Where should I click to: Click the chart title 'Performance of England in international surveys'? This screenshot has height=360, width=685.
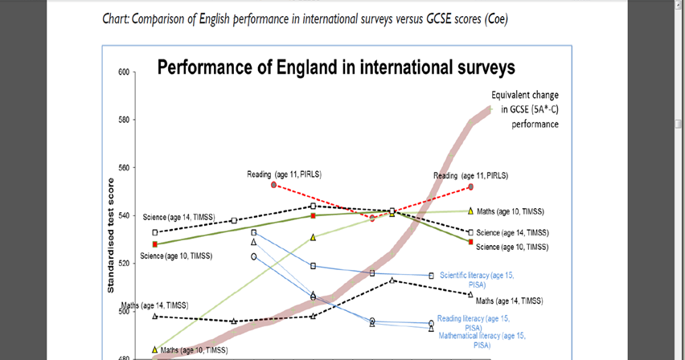pos(336,67)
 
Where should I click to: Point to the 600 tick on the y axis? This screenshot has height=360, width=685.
pos(123,72)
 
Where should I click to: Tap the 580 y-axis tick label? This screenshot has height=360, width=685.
pos(123,121)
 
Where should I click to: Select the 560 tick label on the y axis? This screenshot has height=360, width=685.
pos(123,168)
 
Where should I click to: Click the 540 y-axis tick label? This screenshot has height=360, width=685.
pos(123,215)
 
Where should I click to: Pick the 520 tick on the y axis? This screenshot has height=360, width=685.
pos(123,264)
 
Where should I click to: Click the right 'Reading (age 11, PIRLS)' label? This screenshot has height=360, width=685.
pos(470,175)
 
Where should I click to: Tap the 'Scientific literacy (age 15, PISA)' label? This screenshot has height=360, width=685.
pos(477,279)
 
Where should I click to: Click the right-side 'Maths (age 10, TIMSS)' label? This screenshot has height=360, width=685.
pos(511,211)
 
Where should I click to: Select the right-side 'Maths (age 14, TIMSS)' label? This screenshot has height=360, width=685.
pos(509,301)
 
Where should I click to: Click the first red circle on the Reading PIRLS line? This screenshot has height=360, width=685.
pos(274,185)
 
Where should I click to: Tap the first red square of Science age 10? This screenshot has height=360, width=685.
pos(155,244)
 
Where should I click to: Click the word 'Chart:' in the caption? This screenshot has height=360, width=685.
pos(119,18)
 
